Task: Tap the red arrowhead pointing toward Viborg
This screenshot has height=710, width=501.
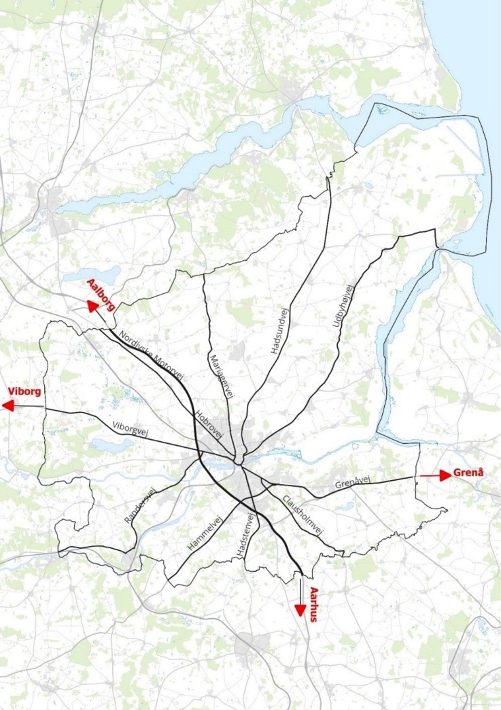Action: coord(8,406)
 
